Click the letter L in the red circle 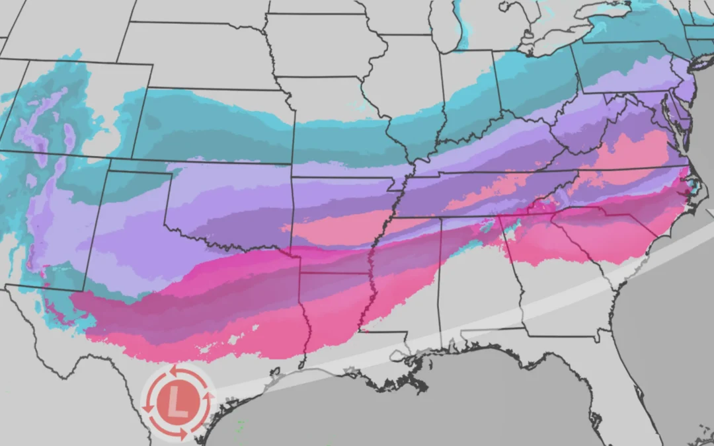click(177, 401)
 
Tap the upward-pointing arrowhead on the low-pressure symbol click(212, 396)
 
